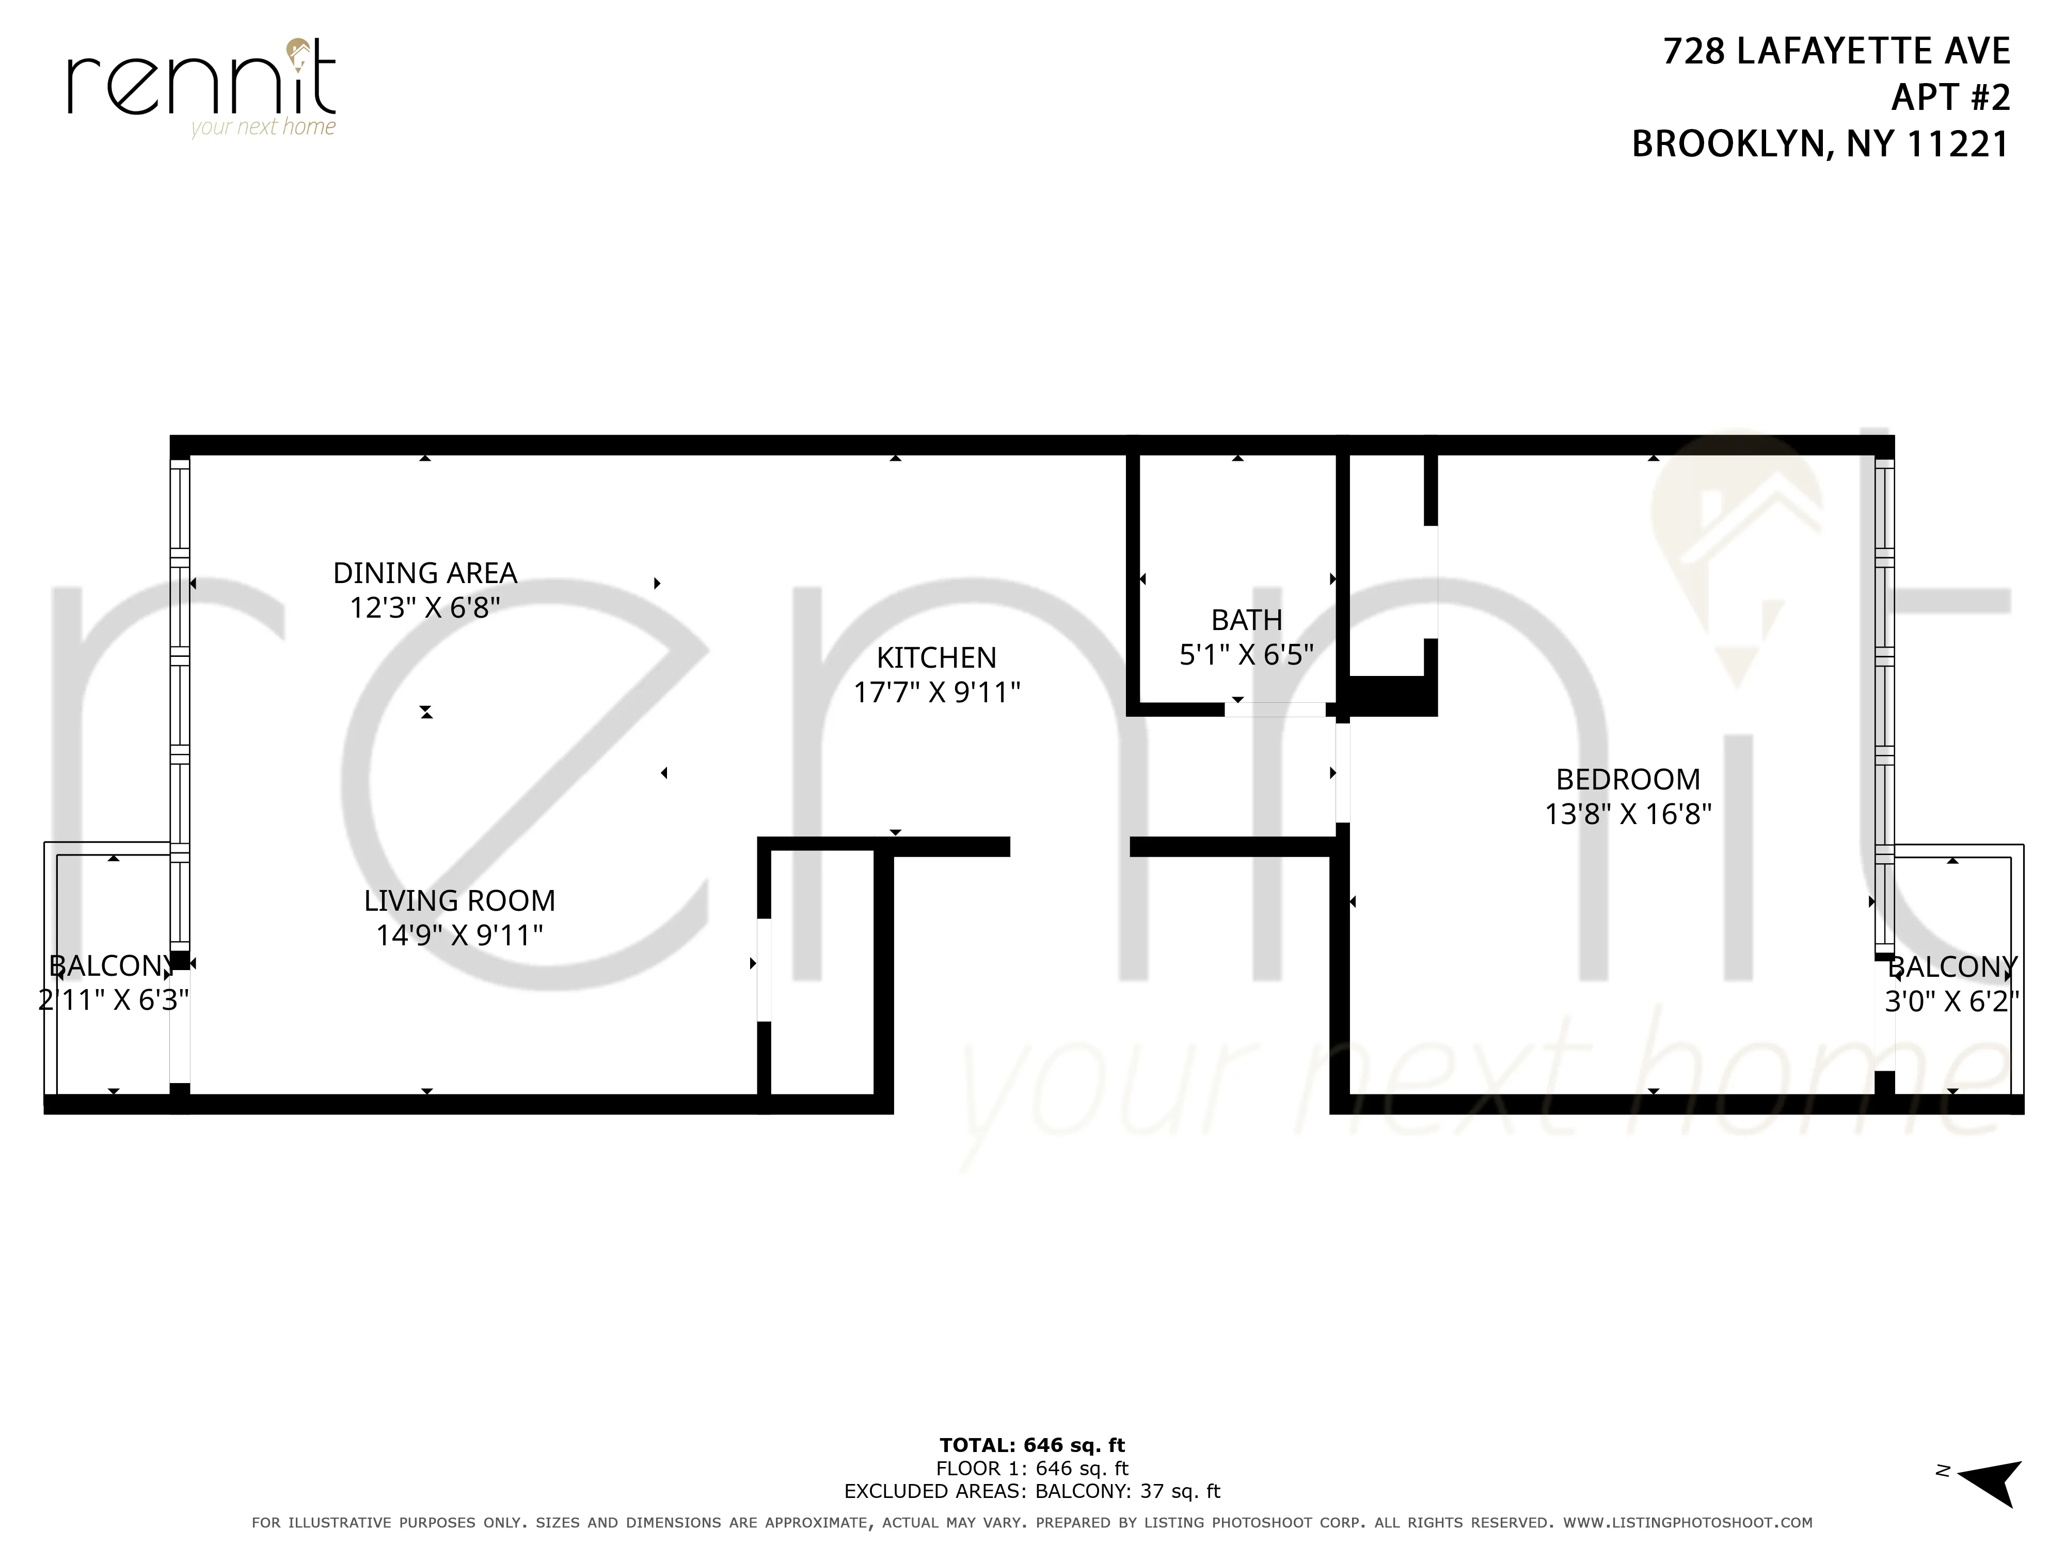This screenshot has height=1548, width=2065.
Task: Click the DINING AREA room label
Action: [x=425, y=573]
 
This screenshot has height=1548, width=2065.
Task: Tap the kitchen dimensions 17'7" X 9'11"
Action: [x=936, y=692]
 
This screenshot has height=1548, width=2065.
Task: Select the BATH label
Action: [x=1246, y=621]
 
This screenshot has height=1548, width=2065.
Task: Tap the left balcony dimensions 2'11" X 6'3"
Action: [x=113, y=1001]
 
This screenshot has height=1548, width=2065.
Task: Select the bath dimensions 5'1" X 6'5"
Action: [x=1246, y=655]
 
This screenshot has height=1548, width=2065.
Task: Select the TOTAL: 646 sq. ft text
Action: [x=1031, y=1445]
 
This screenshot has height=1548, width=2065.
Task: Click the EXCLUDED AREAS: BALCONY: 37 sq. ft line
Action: [x=1031, y=1491]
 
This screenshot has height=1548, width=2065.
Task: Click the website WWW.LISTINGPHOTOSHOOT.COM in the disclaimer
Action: [x=1688, y=1523]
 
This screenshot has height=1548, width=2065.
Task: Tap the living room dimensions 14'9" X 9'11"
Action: [x=459, y=935]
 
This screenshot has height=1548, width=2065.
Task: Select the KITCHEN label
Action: [x=936, y=658]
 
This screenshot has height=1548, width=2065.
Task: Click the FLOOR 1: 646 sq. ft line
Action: [x=1031, y=1469]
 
